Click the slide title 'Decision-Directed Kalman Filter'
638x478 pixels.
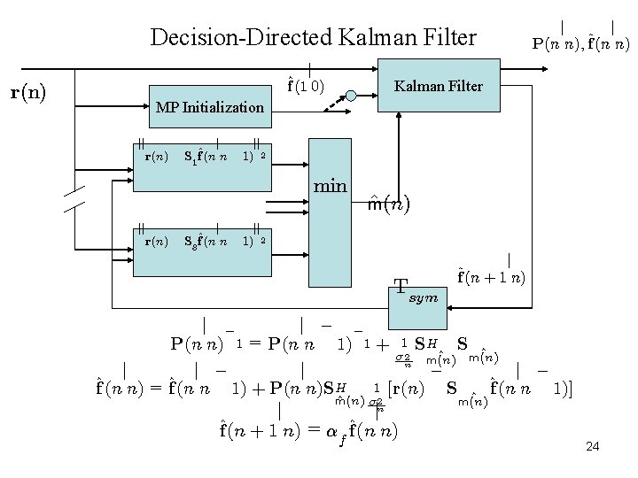click(x=314, y=37)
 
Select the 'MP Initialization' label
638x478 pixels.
click(x=209, y=108)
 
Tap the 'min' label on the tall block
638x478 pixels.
click(x=330, y=187)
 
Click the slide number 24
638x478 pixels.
click(x=593, y=446)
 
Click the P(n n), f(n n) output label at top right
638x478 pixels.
click(x=580, y=42)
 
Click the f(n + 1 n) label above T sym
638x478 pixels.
click(x=491, y=276)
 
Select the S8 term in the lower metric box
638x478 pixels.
click(x=189, y=241)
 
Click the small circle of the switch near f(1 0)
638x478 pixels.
click(x=353, y=94)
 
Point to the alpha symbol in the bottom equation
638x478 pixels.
click(x=333, y=433)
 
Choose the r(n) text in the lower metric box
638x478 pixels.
click(x=156, y=240)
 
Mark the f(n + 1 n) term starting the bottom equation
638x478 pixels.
click(x=261, y=432)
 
